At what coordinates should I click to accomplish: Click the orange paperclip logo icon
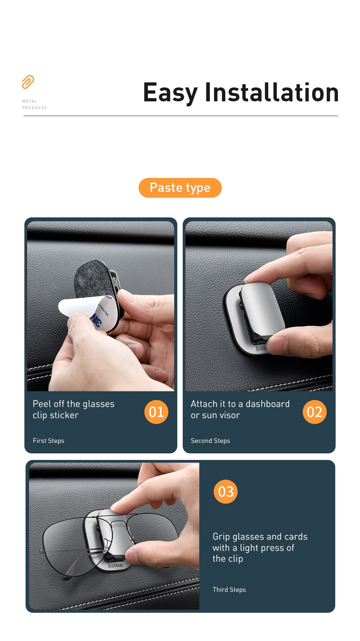28,82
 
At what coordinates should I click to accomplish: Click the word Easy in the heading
170,93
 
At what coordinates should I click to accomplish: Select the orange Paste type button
180,188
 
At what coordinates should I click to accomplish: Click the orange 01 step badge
156,412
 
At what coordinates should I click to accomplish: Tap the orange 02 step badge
314,412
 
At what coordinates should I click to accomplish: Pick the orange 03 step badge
225,492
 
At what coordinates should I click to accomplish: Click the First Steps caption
48,441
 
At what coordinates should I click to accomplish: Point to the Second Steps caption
210,441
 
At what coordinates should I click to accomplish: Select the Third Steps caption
229,590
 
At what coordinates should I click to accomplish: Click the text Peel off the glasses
74,404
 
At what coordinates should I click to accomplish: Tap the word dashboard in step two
267,404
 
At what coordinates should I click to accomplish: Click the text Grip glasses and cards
260,537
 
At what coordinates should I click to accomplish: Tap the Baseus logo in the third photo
115,566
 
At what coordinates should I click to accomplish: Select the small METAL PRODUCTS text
34,104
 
